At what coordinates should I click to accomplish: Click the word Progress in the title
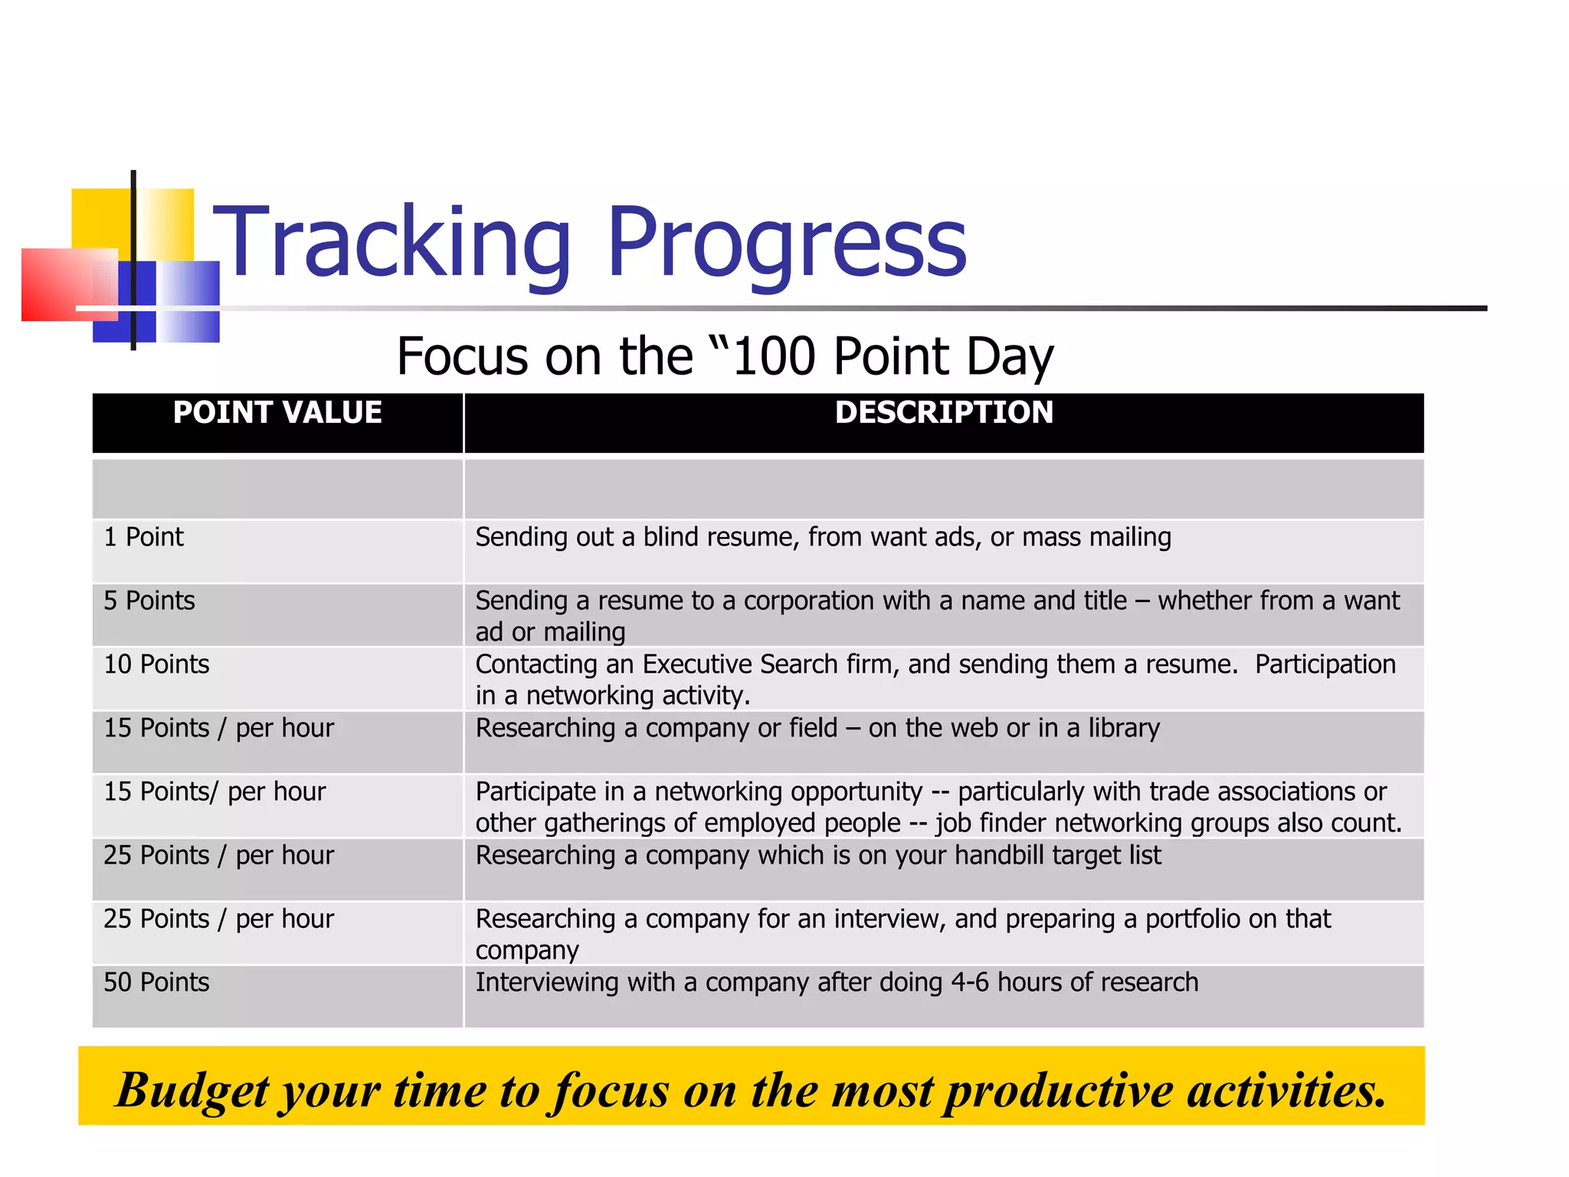(x=787, y=244)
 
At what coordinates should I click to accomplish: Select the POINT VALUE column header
(x=277, y=413)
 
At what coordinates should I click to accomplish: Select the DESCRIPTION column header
(x=944, y=413)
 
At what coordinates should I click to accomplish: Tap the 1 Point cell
(x=144, y=537)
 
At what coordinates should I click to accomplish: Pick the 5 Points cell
(x=149, y=601)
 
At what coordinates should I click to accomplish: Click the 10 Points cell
(x=156, y=664)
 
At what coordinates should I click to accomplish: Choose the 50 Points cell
(x=156, y=982)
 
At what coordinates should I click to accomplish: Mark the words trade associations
(x=1253, y=792)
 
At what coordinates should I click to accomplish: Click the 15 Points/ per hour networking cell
(x=215, y=792)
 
